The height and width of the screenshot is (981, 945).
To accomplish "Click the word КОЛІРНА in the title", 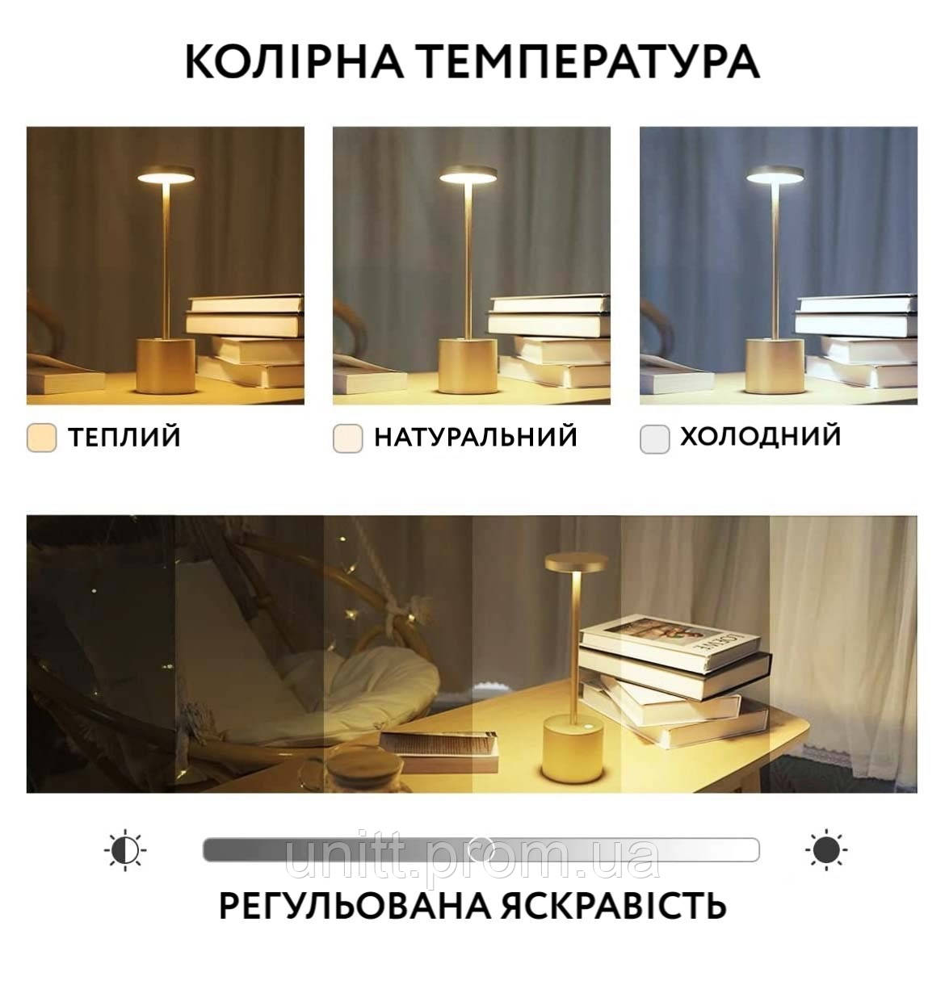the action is (295, 62).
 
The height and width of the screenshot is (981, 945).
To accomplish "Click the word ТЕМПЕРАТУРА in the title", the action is (590, 62).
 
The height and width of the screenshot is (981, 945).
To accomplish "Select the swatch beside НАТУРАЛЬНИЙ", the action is (347, 438).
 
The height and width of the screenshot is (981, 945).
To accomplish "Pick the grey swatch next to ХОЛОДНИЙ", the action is (654, 438).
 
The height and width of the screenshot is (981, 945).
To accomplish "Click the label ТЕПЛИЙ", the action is (124, 437).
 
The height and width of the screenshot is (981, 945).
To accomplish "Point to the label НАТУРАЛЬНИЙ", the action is (476, 437).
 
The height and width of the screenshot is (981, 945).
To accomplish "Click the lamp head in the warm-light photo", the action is (166, 174).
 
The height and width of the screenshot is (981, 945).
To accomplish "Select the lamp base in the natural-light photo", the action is (468, 366).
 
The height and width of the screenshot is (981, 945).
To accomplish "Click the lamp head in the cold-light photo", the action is (775, 174).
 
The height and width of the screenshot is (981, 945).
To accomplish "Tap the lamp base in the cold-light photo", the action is (775, 366).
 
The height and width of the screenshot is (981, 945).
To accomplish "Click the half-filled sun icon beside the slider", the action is (125, 850).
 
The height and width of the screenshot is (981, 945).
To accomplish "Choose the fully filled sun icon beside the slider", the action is (826, 850).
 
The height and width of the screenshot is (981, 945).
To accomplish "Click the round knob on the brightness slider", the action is (479, 850).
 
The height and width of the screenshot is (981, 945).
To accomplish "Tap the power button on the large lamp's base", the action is (587, 727).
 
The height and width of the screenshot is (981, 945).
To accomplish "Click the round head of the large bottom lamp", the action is (577, 562).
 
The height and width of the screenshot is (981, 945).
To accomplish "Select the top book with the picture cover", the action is (670, 642).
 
